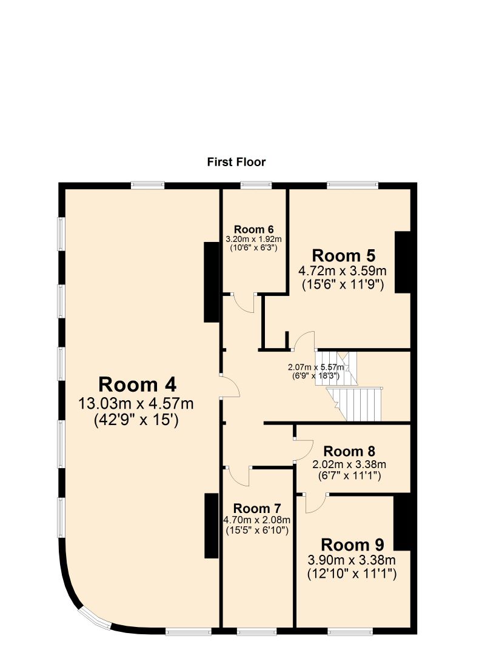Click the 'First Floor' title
coord(236,162)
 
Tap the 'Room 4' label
coord(138,384)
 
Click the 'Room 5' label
coord(344,255)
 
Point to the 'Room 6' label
coord(253,229)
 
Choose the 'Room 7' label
coord(257,508)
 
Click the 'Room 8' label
coord(349,452)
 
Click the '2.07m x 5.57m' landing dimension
coord(315,367)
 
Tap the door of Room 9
coord(315,502)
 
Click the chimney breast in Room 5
coord(403,262)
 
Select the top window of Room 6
coord(255,185)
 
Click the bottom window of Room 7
coord(257,632)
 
